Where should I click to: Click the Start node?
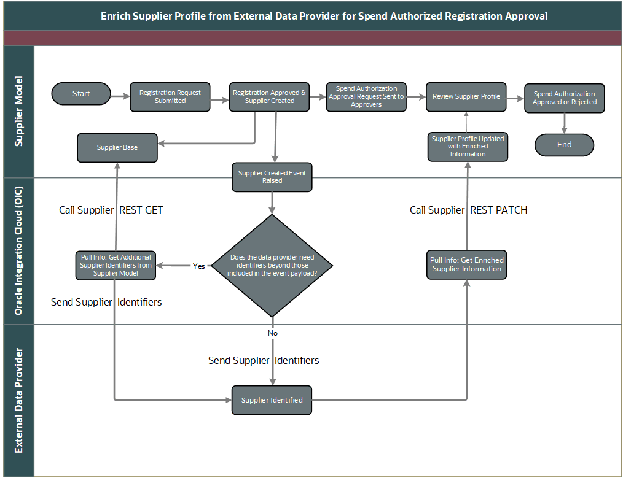81,94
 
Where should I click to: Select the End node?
564,145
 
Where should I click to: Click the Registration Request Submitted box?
170,97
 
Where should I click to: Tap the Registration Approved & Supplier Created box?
269,97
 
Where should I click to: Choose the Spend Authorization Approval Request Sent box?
366,97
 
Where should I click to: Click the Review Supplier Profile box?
466,97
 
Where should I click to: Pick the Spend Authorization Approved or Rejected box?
564,98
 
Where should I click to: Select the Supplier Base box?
117,148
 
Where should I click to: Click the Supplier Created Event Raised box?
272,177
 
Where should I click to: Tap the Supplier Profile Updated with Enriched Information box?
468,147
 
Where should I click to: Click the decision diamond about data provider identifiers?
272,265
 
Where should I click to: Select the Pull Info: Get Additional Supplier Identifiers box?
116,265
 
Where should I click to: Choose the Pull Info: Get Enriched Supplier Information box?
467,264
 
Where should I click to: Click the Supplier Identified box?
272,400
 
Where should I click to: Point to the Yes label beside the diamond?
199,266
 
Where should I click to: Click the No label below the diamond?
273,333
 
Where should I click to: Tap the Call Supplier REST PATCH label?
468,210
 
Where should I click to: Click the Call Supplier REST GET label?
111,210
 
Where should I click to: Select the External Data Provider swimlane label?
19,400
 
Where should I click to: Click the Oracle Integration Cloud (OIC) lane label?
19,251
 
